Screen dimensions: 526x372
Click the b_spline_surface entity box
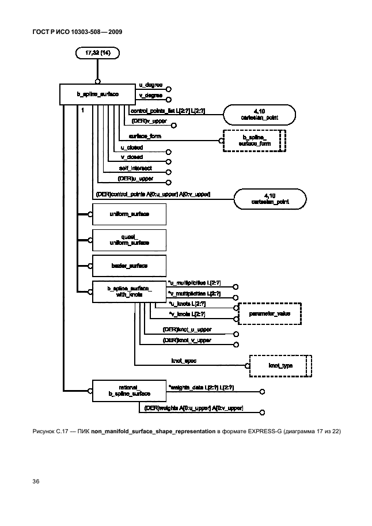tap(97, 94)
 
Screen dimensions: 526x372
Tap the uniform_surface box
tap(129, 214)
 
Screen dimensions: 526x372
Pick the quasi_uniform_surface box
tap(129, 240)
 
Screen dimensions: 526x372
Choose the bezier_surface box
tap(129, 266)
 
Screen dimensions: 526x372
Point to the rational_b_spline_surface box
tap(129, 391)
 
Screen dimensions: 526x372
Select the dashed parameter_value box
tap(269, 314)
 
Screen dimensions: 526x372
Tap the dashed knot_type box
tap(280, 365)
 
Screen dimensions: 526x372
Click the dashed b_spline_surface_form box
tap(254, 141)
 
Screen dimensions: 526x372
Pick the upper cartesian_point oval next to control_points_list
tap(260, 115)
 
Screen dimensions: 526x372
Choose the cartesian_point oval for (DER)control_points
tap(270, 199)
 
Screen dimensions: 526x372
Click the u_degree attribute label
tap(150, 85)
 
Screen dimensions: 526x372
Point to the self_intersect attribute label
tap(135, 168)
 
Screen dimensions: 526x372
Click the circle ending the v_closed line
tap(169, 162)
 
